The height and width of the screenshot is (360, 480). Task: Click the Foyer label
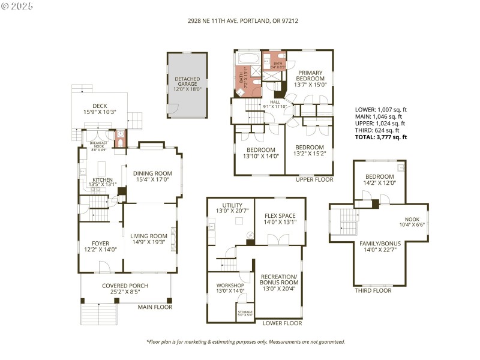coord(100,243)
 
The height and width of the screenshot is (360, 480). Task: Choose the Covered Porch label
coord(125,286)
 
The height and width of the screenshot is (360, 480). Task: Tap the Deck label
coord(100,106)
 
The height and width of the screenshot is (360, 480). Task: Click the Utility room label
coord(232,205)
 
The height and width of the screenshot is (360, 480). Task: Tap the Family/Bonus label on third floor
coord(378,243)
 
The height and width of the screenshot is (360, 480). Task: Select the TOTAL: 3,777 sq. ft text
coord(381,137)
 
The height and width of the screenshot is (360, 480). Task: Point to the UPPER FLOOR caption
coord(314,179)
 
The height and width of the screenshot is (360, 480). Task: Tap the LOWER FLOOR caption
coord(282,323)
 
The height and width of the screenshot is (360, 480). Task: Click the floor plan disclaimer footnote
coord(245,341)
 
